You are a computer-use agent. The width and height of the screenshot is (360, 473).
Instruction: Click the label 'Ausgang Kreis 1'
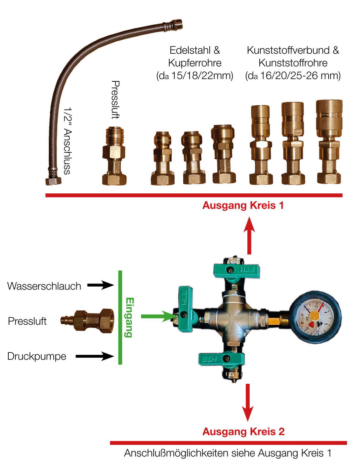(x=243, y=205)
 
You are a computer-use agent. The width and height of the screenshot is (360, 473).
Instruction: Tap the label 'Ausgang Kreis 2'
(x=243, y=432)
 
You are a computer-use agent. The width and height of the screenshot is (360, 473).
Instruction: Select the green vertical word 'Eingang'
(x=129, y=317)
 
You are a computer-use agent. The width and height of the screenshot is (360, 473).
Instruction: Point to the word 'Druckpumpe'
(x=37, y=356)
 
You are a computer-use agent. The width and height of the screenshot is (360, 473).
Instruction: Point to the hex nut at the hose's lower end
(x=53, y=181)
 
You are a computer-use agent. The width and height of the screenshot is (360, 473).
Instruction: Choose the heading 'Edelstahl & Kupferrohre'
(x=195, y=57)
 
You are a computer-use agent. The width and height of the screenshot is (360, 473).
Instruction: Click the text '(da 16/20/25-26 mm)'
(x=293, y=76)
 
